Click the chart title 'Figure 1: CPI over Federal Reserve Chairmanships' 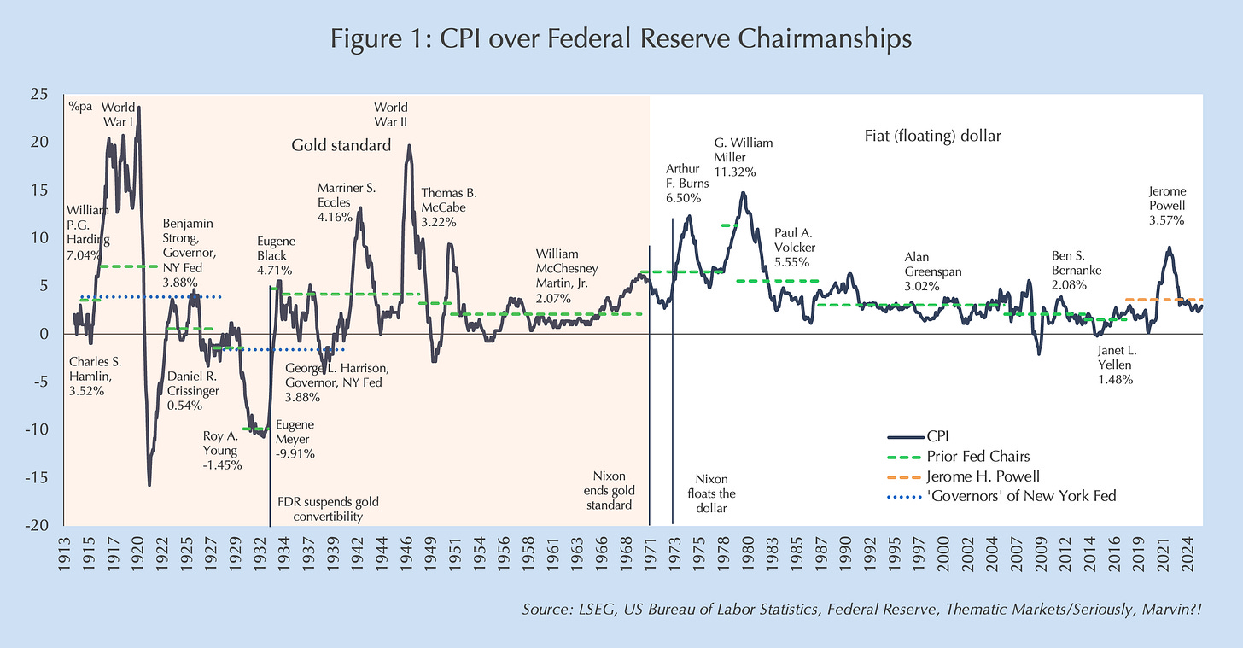click(x=621, y=39)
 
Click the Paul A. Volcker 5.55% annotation click(x=794, y=247)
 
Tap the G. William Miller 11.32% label click(x=743, y=157)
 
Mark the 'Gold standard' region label click(x=341, y=145)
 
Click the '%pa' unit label click(x=80, y=107)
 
